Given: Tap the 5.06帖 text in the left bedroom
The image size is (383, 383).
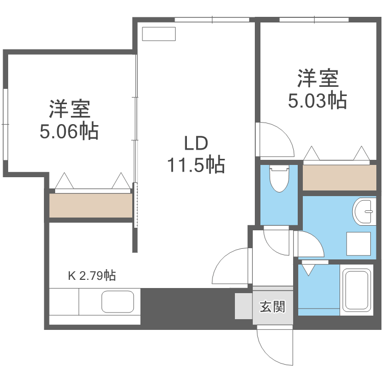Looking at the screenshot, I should pos(69,132).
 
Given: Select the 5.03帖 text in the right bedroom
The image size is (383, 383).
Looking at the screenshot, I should pos(318,100).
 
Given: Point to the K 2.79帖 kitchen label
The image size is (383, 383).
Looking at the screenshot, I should pos(92,276).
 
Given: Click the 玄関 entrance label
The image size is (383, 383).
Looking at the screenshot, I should pos(272,307).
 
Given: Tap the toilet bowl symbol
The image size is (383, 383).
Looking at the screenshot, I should pos(279,179).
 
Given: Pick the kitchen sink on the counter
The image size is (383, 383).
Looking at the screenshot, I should pos(117,301).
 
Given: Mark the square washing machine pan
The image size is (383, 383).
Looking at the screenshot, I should pos(358,244).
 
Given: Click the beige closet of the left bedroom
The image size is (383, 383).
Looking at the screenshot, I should pos(91,205).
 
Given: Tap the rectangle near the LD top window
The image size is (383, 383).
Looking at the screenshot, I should pos(159,34).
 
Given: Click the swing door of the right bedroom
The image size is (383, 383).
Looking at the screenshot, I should pos(275,140).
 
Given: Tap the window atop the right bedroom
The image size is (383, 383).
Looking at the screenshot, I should pos(314,20).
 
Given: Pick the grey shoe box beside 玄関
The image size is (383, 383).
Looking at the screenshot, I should pos(244,306).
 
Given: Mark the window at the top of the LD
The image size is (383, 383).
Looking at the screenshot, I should pos(212,20).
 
